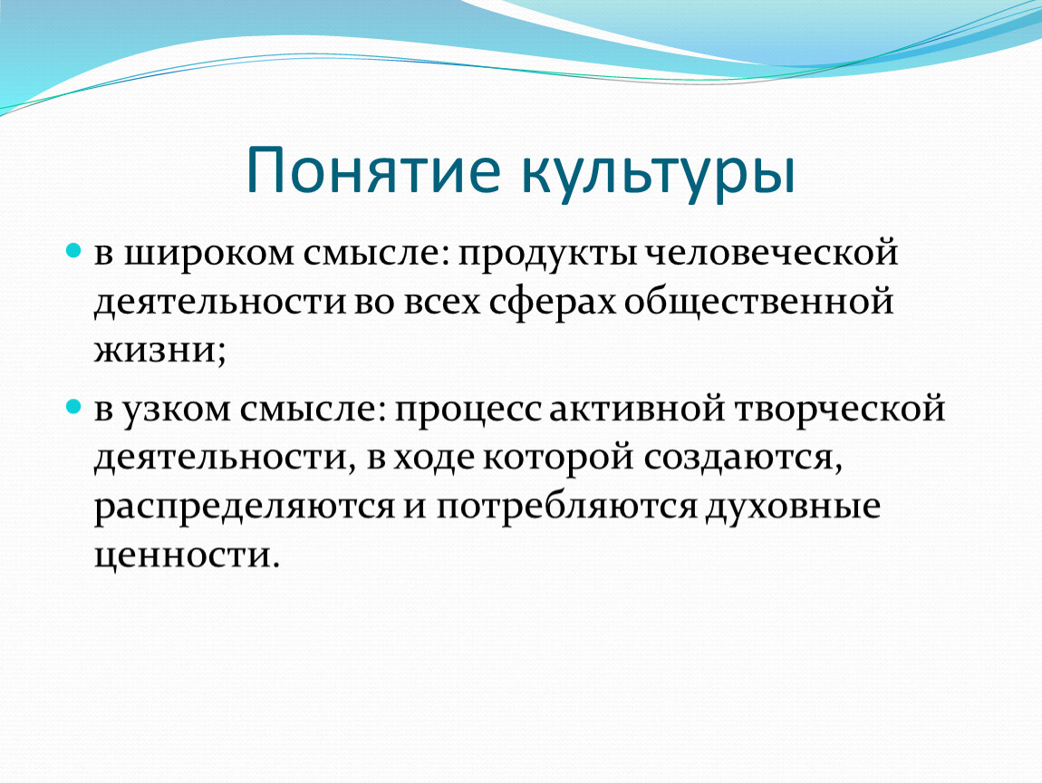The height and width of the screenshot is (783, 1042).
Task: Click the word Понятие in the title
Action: [x=372, y=171]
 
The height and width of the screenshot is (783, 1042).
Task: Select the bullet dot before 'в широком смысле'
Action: [x=73, y=251]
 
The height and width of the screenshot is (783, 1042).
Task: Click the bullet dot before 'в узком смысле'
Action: [x=73, y=406]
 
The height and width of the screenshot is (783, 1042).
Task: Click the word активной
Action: [x=637, y=408]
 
